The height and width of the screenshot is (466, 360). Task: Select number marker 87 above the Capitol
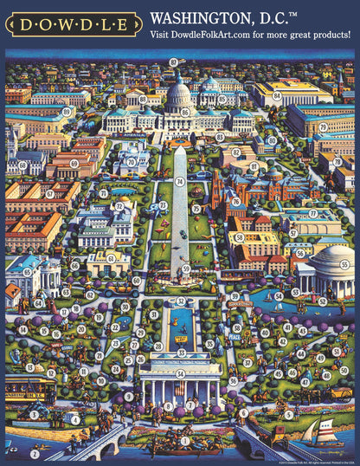[x=173, y=61]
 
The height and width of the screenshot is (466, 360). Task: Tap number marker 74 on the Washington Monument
[x=180, y=182]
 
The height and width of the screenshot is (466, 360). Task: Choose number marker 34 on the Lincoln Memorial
[x=180, y=374]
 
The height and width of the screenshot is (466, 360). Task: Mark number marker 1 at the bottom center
[x=183, y=440]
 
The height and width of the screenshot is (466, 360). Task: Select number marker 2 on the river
[x=33, y=453]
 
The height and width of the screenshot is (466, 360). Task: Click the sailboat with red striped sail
[x=325, y=430]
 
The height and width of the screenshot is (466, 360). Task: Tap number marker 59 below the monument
[x=186, y=269]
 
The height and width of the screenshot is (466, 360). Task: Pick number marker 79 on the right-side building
[x=323, y=126]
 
